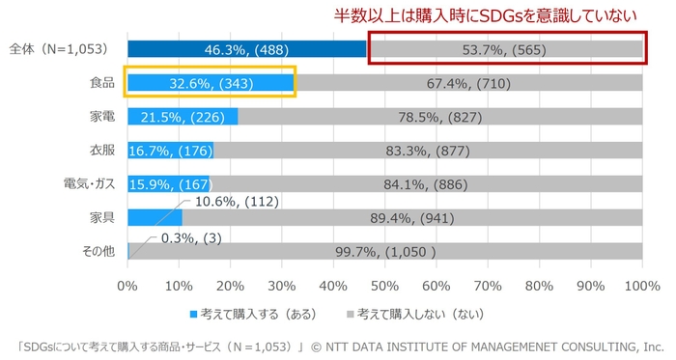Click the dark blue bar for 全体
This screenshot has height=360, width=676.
(x=246, y=49)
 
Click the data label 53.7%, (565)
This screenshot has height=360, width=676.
(x=507, y=49)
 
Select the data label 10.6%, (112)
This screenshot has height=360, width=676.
(x=238, y=201)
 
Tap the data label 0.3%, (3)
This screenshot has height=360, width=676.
(x=191, y=235)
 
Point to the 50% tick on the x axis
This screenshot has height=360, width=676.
(x=385, y=286)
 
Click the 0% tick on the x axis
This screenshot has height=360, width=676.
(x=127, y=286)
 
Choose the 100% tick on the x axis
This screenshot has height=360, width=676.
(x=641, y=286)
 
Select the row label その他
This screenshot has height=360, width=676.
(x=97, y=251)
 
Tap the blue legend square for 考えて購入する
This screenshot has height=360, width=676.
(x=192, y=315)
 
